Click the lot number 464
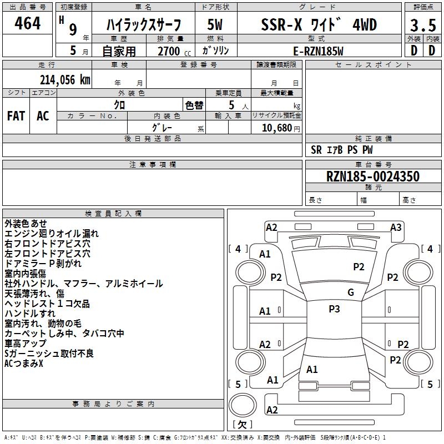[x=27, y=24]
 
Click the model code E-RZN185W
[x=319, y=51]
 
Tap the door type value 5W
[x=215, y=25]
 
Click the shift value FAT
[x=16, y=115]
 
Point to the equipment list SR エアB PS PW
[x=341, y=150]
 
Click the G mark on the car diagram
[x=350, y=292]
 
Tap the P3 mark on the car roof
[x=334, y=309]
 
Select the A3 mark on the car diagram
[x=396, y=227]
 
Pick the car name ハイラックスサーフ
[x=144, y=25]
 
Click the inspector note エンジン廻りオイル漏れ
[x=52, y=234]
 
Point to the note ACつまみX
[x=24, y=364]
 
